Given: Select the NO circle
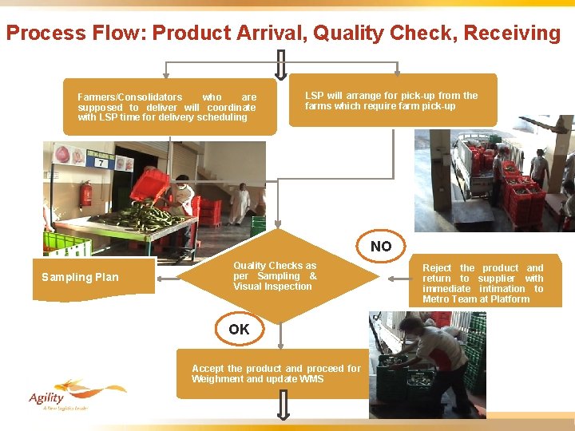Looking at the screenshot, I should pyautogui.click(x=381, y=247).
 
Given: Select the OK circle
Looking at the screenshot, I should pyautogui.click(x=239, y=329).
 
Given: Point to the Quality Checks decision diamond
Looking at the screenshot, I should pyautogui.click(x=276, y=276).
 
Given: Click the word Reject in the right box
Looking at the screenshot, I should pyautogui.click(x=437, y=268).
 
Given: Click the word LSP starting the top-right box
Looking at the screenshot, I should pyautogui.click(x=314, y=96).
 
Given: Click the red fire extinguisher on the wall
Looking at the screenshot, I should pyautogui.click(x=86, y=193).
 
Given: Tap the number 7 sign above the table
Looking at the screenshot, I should pyautogui.click(x=101, y=163).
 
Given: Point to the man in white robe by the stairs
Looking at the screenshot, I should pyautogui.click(x=240, y=204).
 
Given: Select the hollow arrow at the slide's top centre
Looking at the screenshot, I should pyautogui.click(x=281, y=61).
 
